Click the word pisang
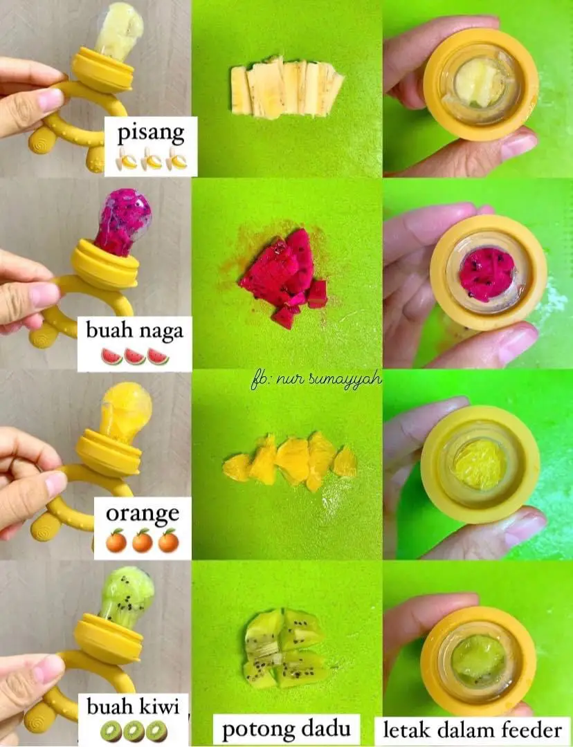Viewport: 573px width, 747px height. click(x=151, y=133)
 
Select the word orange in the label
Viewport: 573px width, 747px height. click(x=143, y=514)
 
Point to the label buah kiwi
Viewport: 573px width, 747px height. click(x=133, y=706)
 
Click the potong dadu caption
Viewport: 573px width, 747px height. click(x=286, y=728)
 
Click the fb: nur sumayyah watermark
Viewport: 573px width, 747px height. click(x=316, y=380)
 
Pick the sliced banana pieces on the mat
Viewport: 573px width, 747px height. click(x=286, y=87)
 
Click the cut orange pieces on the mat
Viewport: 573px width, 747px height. click(x=291, y=460)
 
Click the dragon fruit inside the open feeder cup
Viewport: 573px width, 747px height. click(x=487, y=275)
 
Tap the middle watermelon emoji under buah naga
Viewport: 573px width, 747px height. click(x=134, y=356)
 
